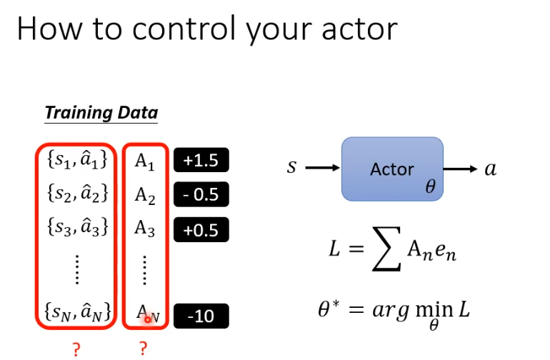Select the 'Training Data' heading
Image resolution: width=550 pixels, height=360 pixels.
101,113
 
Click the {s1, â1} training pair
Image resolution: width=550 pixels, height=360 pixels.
76,161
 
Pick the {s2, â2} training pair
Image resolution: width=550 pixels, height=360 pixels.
76,194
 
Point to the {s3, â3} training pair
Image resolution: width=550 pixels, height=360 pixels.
76,229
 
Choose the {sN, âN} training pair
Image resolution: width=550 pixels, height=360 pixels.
76,312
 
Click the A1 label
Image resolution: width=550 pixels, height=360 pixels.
145,161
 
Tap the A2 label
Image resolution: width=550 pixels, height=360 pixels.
145,195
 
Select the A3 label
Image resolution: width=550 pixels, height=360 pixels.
145,229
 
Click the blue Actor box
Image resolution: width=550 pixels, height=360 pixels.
392,169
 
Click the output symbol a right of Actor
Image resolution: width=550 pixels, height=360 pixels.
490,169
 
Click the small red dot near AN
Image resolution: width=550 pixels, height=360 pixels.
148,319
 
